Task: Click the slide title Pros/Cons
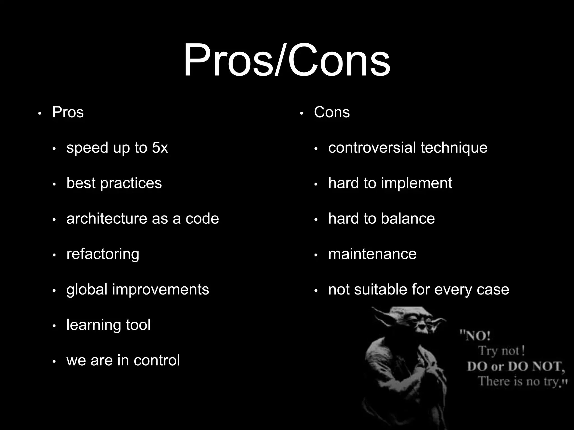pyautogui.click(x=287, y=60)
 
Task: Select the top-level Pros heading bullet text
pyautogui.click(x=68, y=112)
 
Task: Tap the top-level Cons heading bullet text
pyautogui.click(x=332, y=112)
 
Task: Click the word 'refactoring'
pyautogui.click(x=103, y=254)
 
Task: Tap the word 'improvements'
pyautogui.click(x=161, y=290)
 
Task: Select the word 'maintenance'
pyautogui.click(x=372, y=254)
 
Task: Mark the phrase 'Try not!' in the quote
pyautogui.click(x=501, y=350)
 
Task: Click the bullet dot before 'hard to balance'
pyautogui.click(x=316, y=220)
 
